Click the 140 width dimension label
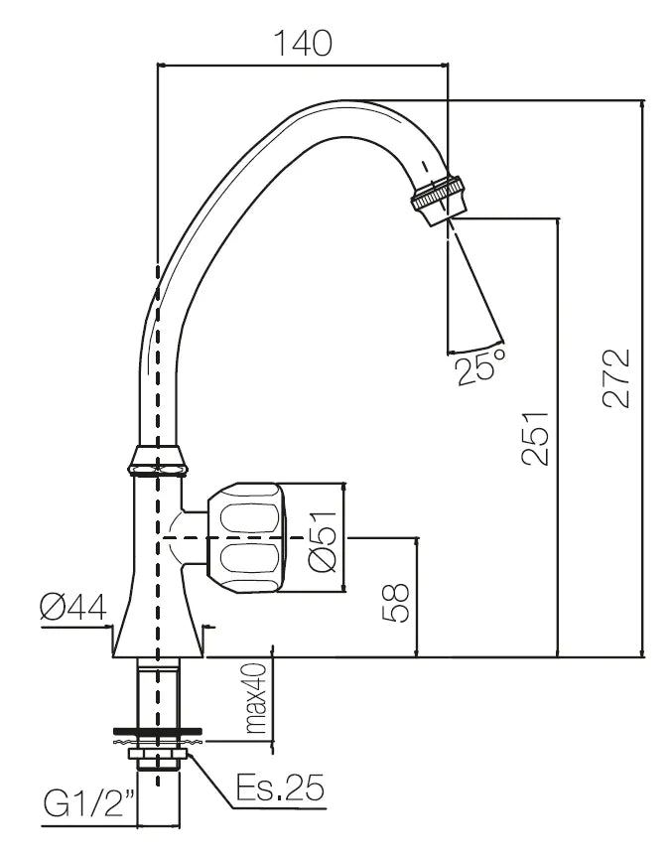point(304,43)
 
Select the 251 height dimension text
point(533,438)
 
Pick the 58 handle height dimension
point(395,601)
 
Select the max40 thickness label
point(257,700)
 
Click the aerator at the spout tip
point(438,200)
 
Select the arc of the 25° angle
point(476,347)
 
